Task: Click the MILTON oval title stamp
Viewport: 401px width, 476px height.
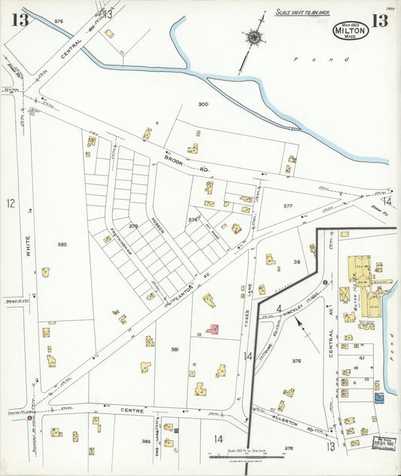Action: tap(351, 31)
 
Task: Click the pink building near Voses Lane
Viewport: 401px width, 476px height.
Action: tap(213, 329)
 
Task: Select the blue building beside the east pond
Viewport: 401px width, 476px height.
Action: tap(378, 397)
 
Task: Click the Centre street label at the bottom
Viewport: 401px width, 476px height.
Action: tap(134, 410)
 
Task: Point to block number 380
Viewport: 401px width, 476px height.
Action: tap(62, 244)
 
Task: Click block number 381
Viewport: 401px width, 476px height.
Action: tap(175, 349)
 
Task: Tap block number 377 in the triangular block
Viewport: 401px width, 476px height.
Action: tap(287, 206)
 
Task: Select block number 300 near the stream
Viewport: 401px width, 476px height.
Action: tap(202, 104)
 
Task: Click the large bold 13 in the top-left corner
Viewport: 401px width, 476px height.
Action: tap(19, 20)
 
